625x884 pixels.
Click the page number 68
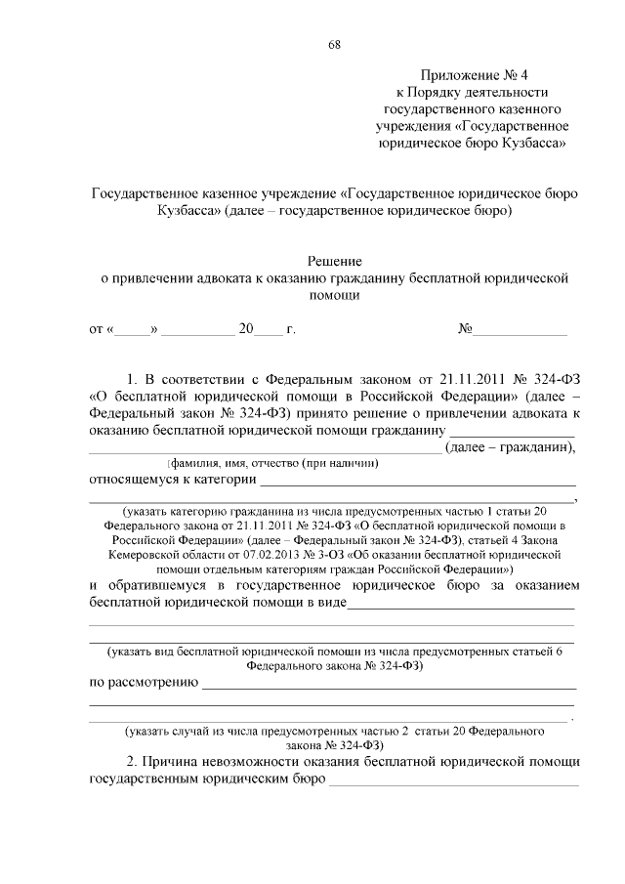click(335, 45)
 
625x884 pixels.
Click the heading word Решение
click(335, 261)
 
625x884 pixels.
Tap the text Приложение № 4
click(473, 74)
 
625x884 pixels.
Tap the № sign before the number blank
click(466, 329)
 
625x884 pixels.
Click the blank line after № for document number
click(520, 331)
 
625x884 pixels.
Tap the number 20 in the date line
click(246, 329)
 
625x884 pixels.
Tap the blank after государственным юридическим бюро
click(454, 782)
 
